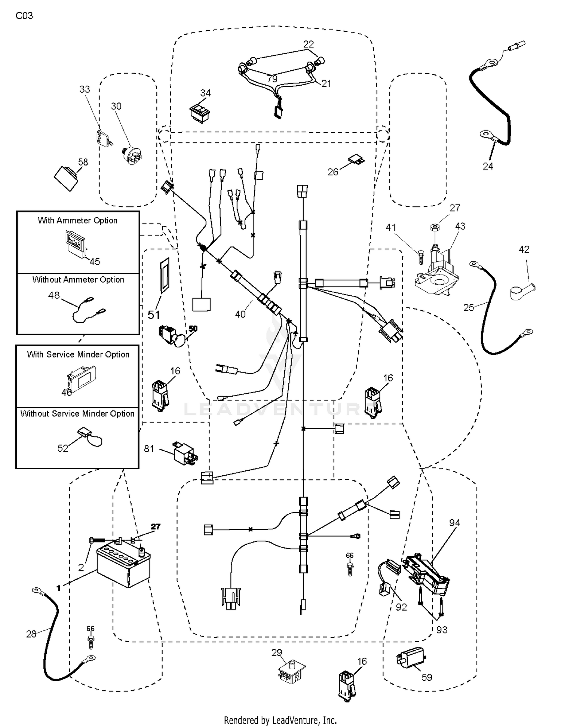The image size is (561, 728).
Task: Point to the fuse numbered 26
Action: (x=356, y=160)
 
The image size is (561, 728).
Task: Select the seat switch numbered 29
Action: (x=291, y=673)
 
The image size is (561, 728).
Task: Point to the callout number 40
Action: (x=240, y=314)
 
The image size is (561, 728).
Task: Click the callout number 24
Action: (x=488, y=166)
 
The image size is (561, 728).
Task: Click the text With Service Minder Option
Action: (x=78, y=354)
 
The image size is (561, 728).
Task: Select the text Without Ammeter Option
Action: (x=78, y=280)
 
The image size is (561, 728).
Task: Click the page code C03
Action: (x=24, y=16)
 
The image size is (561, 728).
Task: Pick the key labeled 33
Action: (x=102, y=138)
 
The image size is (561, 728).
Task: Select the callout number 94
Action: (x=454, y=522)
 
